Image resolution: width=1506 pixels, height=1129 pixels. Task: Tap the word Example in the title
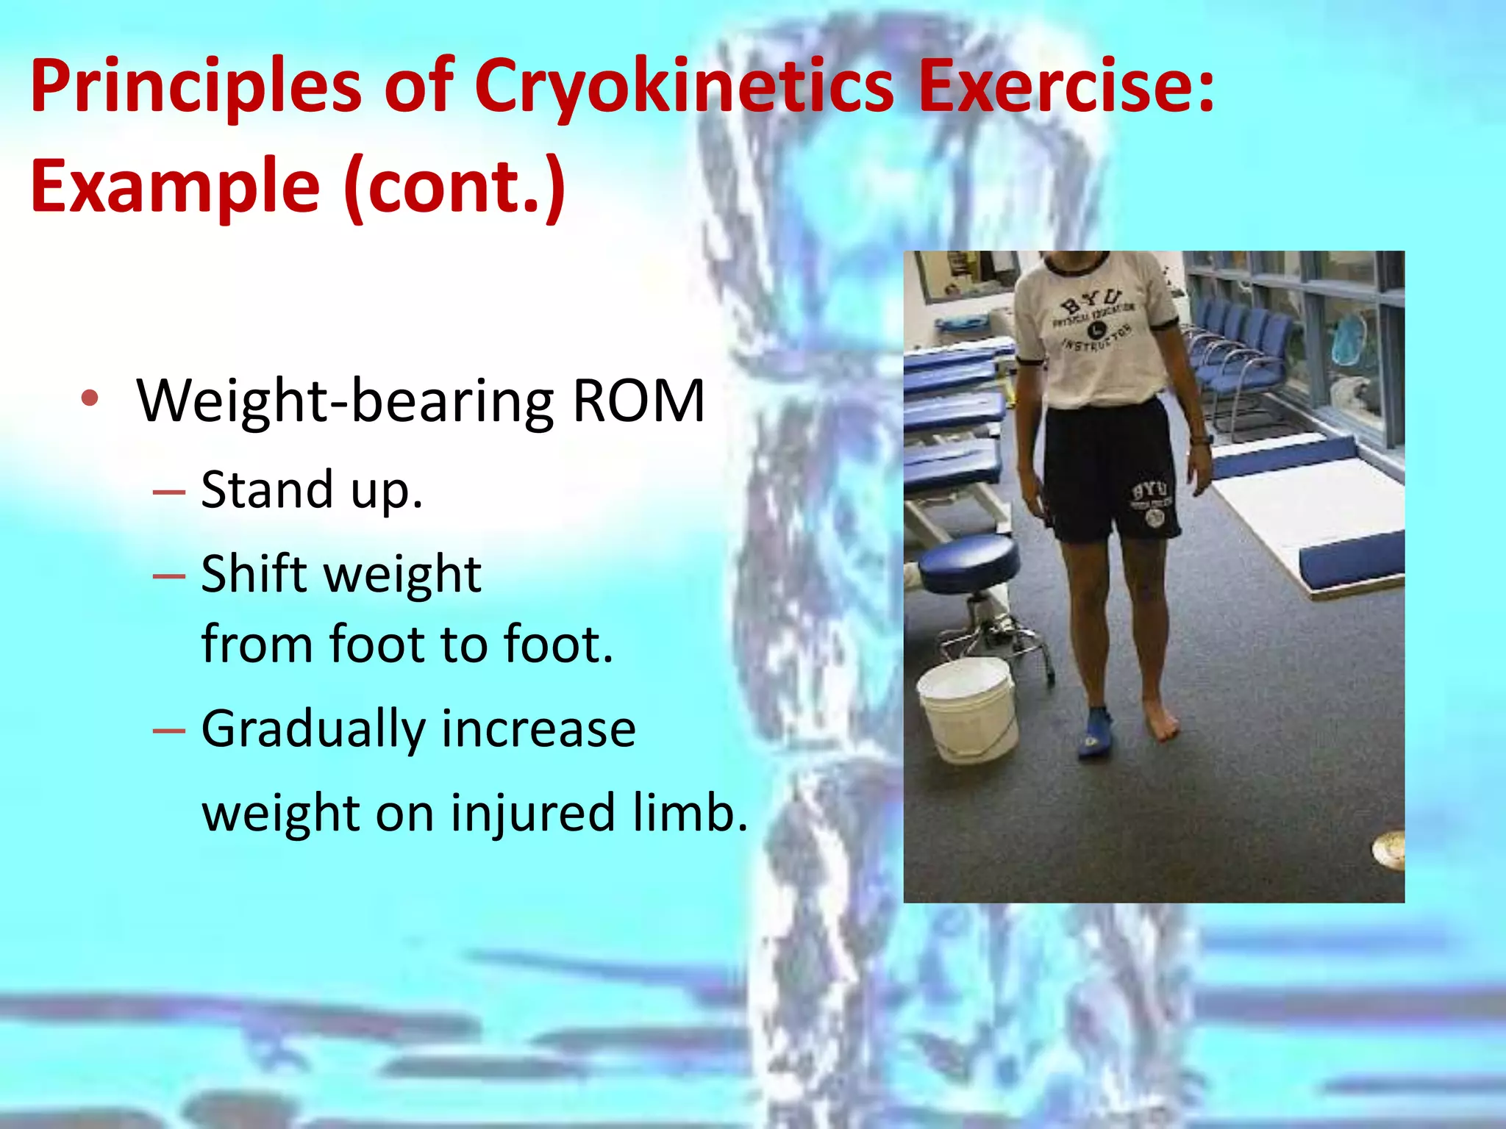click(x=175, y=187)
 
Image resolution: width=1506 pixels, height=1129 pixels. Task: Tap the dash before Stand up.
click(x=168, y=491)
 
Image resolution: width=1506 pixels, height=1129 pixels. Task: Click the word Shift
click(x=253, y=574)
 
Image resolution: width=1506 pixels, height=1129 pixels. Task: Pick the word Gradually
click(x=313, y=730)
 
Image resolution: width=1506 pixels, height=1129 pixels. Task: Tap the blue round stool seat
click(x=969, y=561)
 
